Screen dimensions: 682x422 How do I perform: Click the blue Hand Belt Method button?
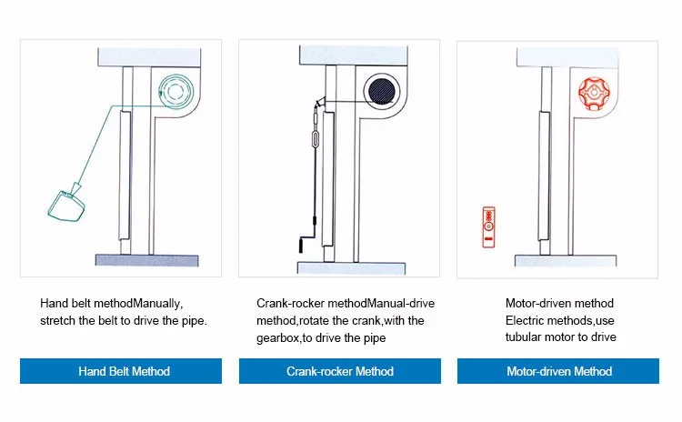[121, 371]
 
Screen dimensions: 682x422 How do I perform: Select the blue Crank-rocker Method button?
[340, 371]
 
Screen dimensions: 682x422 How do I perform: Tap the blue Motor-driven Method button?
[558, 371]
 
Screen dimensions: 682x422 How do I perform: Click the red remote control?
[489, 227]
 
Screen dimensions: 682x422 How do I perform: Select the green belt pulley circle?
[176, 91]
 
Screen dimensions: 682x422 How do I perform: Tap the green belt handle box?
[65, 206]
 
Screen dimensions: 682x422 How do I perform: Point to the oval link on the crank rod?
[316, 139]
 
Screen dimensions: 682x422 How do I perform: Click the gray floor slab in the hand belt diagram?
[147, 260]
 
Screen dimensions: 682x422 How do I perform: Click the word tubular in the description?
[525, 337]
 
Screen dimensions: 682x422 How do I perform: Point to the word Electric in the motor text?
[525, 321]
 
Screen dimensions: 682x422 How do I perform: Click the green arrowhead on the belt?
[77, 188]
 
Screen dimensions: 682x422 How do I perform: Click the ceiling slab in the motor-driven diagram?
[567, 57]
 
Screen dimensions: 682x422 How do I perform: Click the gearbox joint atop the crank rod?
[320, 103]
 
